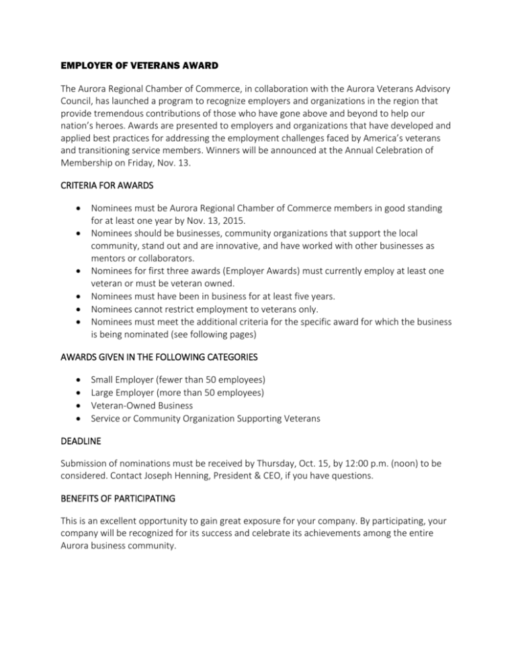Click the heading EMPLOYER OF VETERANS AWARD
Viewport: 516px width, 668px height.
(142, 68)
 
